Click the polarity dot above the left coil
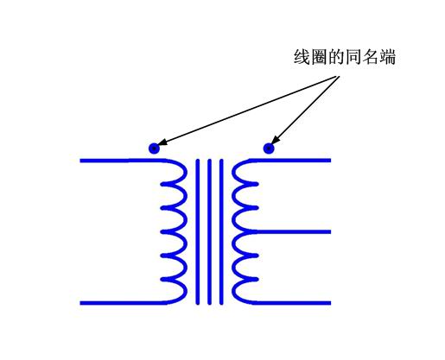pyautogui.click(x=154, y=148)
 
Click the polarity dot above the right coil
pyautogui.click(x=269, y=148)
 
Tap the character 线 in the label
pyautogui.click(x=302, y=57)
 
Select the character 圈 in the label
pyautogui.click(x=319, y=57)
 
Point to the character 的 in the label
pyautogui.click(x=336, y=57)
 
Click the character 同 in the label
pyautogui.click(x=353, y=57)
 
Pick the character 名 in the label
pyautogui.click(x=370, y=57)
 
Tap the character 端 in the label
pyautogui.click(x=387, y=57)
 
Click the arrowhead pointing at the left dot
pyautogui.click(x=162, y=142)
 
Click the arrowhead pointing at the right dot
pyautogui.click(x=276, y=140)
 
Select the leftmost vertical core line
pyautogui.click(x=198, y=231)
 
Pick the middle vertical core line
pyautogui.click(x=209, y=231)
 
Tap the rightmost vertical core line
pyautogui.click(x=221, y=231)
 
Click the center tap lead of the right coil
pyautogui.click(x=293, y=231)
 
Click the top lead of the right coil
pyautogui.click(x=290, y=161)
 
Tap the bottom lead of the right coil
pyautogui.click(x=291, y=303)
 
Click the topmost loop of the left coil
pyautogui.click(x=185, y=173)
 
